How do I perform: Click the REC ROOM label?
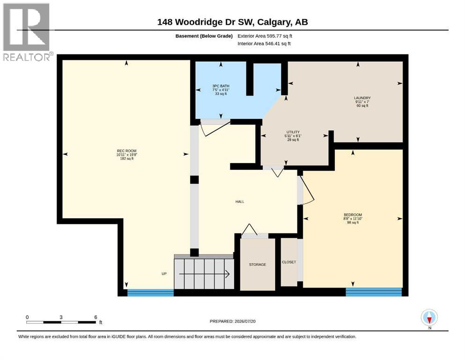click(126, 151)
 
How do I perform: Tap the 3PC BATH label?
click(221, 86)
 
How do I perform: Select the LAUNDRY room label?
click(362, 98)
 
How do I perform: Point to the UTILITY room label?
click(293, 132)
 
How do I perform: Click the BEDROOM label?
click(353, 215)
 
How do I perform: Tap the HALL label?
click(240, 202)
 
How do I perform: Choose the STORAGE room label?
click(258, 264)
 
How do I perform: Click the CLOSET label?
click(289, 262)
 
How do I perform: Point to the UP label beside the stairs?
click(164, 274)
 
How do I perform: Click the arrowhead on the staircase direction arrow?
click(228, 274)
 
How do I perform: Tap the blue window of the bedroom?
click(374, 292)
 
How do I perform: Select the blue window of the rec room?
click(150, 292)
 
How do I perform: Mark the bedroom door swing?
click(307, 190)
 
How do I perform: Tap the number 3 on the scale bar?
click(61, 317)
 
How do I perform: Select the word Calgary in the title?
click(274, 22)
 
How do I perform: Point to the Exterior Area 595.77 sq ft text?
click(265, 36)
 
